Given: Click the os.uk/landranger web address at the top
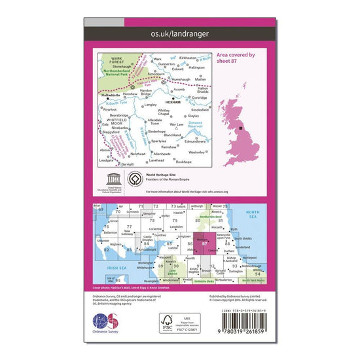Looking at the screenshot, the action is click(x=179, y=32).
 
